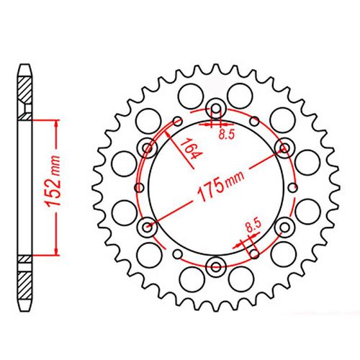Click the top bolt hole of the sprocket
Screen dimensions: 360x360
point(216,110)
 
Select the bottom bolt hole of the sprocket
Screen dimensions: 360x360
point(216,269)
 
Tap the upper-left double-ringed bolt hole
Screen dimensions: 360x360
point(149,149)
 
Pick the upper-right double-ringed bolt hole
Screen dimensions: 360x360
point(283,149)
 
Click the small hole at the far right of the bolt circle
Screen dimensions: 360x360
point(292,189)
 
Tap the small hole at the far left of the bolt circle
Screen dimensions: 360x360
point(140,189)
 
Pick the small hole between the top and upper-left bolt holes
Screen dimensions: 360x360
point(178,120)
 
